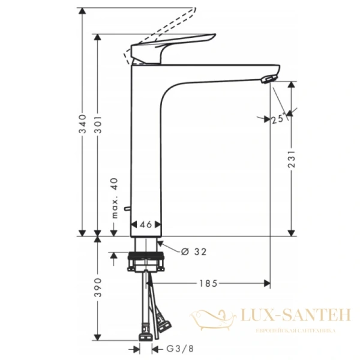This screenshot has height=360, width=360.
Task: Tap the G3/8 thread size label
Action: [173, 349]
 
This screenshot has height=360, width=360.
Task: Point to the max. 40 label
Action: [114, 197]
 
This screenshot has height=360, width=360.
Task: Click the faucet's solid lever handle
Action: [174, 44]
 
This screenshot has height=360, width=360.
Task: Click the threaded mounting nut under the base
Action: [148, 262]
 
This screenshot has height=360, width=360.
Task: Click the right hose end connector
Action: [161, 328]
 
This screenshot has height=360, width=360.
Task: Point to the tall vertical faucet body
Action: [146, 150]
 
